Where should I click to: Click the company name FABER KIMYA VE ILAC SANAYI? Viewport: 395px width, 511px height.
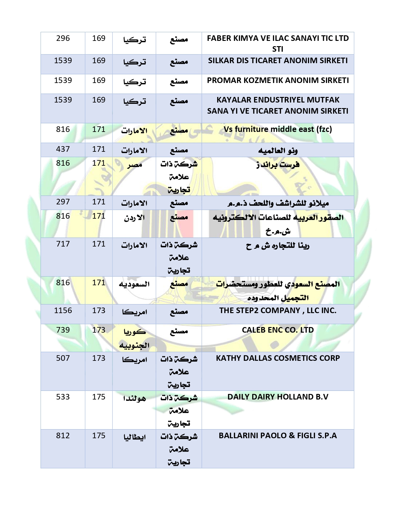pyautogui.click(x=278, y=38)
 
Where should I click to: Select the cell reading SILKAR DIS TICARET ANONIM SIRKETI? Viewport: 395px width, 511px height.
pyautogui.click(x=278, y=61)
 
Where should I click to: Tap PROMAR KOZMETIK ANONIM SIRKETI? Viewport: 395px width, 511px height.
pyautogui.click(x=278, y=81)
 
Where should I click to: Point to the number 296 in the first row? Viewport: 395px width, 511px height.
pyautogui.click(x=63, y=38)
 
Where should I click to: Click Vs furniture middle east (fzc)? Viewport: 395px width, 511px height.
pyautogui.click(x=278, y=129)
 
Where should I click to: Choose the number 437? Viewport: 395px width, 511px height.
pyautogui.click(x=63, y=149)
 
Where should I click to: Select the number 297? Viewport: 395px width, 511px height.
pyautogui.click(x=63, y=202)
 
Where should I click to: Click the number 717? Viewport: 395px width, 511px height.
pyautogui.click(x=63, y=244)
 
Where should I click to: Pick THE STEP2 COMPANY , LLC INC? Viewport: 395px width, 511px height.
pyautogui.click(x=278, y=311)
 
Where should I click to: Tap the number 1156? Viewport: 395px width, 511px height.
pyautogui.click(x=63, y=311)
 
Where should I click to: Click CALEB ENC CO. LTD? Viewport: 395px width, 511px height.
pyautogui.click(x=278, y=330)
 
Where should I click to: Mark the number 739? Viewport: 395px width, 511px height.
pyautogui.click(x=63, y=330)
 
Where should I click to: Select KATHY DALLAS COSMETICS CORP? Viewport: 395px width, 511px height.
pyautogui.click(x=278, y=358)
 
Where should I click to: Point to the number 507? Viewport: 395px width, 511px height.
pyautogui.click(x=63, y=358)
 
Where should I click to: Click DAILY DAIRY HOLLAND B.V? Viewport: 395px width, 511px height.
pyautogui.click(x=278, y=397)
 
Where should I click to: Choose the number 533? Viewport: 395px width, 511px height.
pyautogui.click(x=63, y=397)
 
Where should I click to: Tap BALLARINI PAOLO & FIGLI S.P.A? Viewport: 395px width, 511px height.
pyautogui.click(x=278, y=436)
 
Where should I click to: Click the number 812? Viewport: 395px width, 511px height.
pyautogui.click(x=63, y=436)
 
